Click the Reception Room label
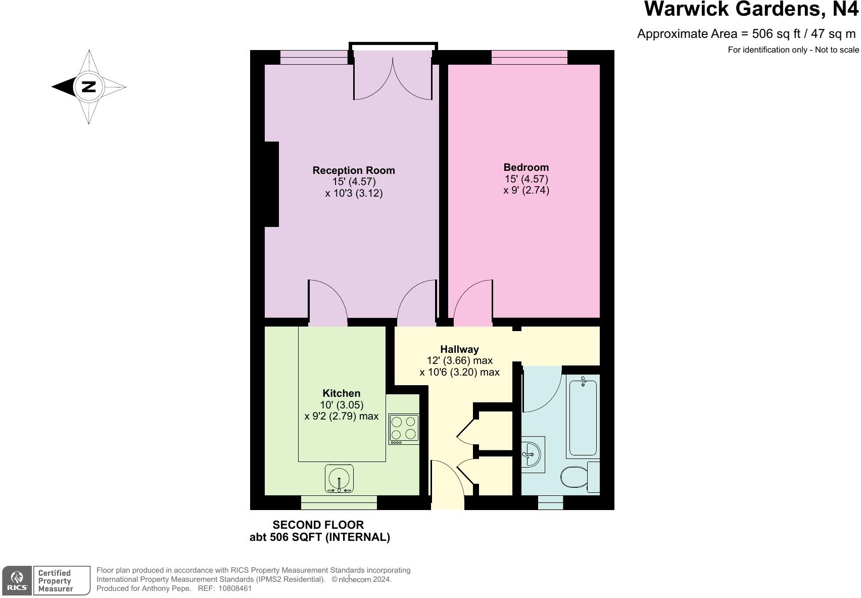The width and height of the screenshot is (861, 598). click(x=353, y=170)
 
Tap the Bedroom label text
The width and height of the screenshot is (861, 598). click(x=526, y=167)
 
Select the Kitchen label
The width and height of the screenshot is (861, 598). click(x=342, y=393)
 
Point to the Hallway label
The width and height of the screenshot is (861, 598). click(x=459, y=349)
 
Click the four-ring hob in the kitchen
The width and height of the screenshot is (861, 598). click(x=404, y=429)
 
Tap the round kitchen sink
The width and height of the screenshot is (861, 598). click(x=339, y=478)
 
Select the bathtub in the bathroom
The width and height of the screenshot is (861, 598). click(x=583, y=418)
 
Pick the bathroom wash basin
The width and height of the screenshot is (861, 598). click(x=532, y=453)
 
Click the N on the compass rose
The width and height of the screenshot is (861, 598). click(x=89, y=86)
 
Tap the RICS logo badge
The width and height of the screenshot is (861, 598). click(x=17, y=580)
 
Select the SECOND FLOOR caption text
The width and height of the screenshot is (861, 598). click(x=318, y=525)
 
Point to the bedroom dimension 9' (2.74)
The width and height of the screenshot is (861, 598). click(x=526, y=191)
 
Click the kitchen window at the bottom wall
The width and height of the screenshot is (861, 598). click(x=339, y=502)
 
